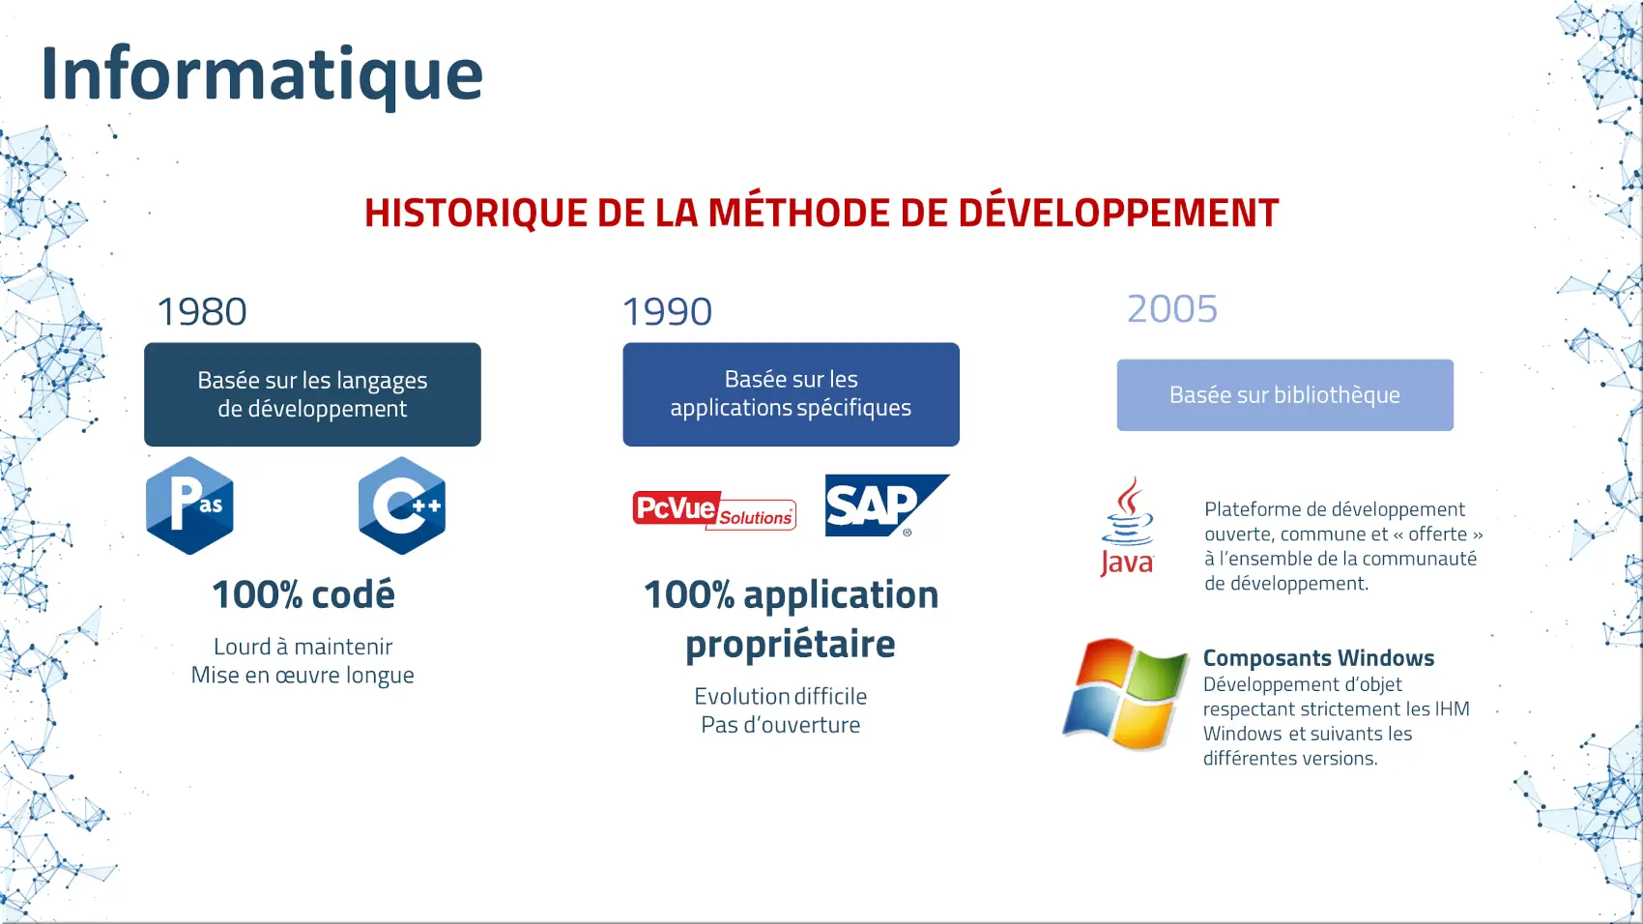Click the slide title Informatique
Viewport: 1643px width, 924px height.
(x=262, y=74)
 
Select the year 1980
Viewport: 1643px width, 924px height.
(x=202, y=311)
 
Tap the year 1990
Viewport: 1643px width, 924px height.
(x=667, y=311)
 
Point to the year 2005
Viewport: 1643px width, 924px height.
(x=1172, y=308)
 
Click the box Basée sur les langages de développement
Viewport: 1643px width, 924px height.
(x=312, y=394)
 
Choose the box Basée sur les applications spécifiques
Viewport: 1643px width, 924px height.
(x=791, y=394)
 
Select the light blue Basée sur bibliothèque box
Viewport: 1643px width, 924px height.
(x=1285, y=394)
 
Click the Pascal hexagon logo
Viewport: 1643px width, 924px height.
(x=190, y=505)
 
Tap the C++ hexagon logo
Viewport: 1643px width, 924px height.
(x=402, y=505)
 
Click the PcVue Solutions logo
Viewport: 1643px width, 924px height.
(x=714, y=509)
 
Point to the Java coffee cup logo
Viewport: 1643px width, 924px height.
(x=1127, y=526)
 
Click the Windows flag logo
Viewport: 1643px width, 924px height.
(x=1126, y=693)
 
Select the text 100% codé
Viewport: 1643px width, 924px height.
(x=303, y=594)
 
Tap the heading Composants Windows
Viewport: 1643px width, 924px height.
(x=1318, y=658)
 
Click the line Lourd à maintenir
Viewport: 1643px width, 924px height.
(x=303, y=646)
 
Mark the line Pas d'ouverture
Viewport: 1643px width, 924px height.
(x=781, y=725)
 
